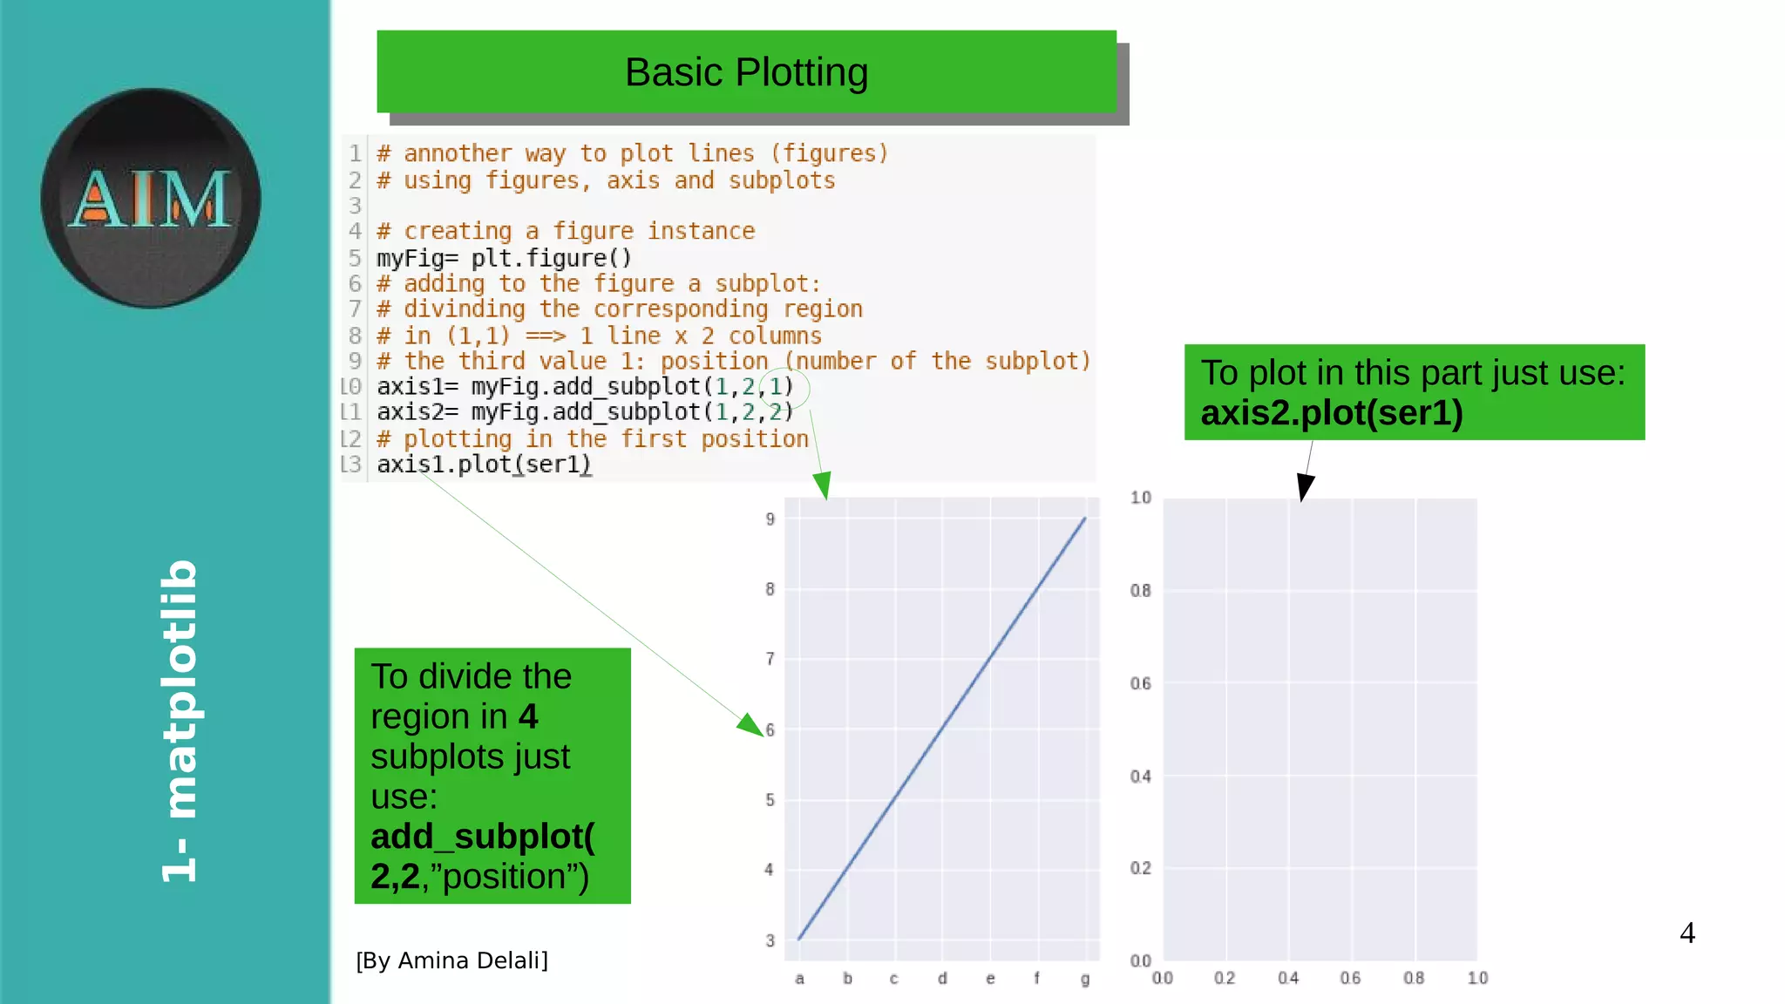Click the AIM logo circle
tap(151, 198)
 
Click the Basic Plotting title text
tap(746, 72)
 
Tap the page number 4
tap(1687, 933)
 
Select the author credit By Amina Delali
tap(451, 960)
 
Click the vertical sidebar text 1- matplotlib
tap(180, 720)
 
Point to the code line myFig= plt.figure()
tap(504, 258)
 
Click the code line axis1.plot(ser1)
tap(484, 465)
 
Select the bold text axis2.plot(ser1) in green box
tap(1332, 413)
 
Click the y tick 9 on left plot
tap(770, 519)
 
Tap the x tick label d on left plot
tap(942, 979)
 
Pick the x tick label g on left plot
tap(1085, 979)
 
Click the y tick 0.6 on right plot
tap(1140, 684)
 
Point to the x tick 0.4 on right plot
tap(1288, 979)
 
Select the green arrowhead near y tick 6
tap(750, 724)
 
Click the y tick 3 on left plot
tap(770, 941)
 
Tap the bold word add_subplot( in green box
tap(482, 837)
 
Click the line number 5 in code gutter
tap(355, 258)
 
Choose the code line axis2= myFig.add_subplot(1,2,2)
tap(585, 412)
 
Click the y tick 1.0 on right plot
tap(1140, 498)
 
